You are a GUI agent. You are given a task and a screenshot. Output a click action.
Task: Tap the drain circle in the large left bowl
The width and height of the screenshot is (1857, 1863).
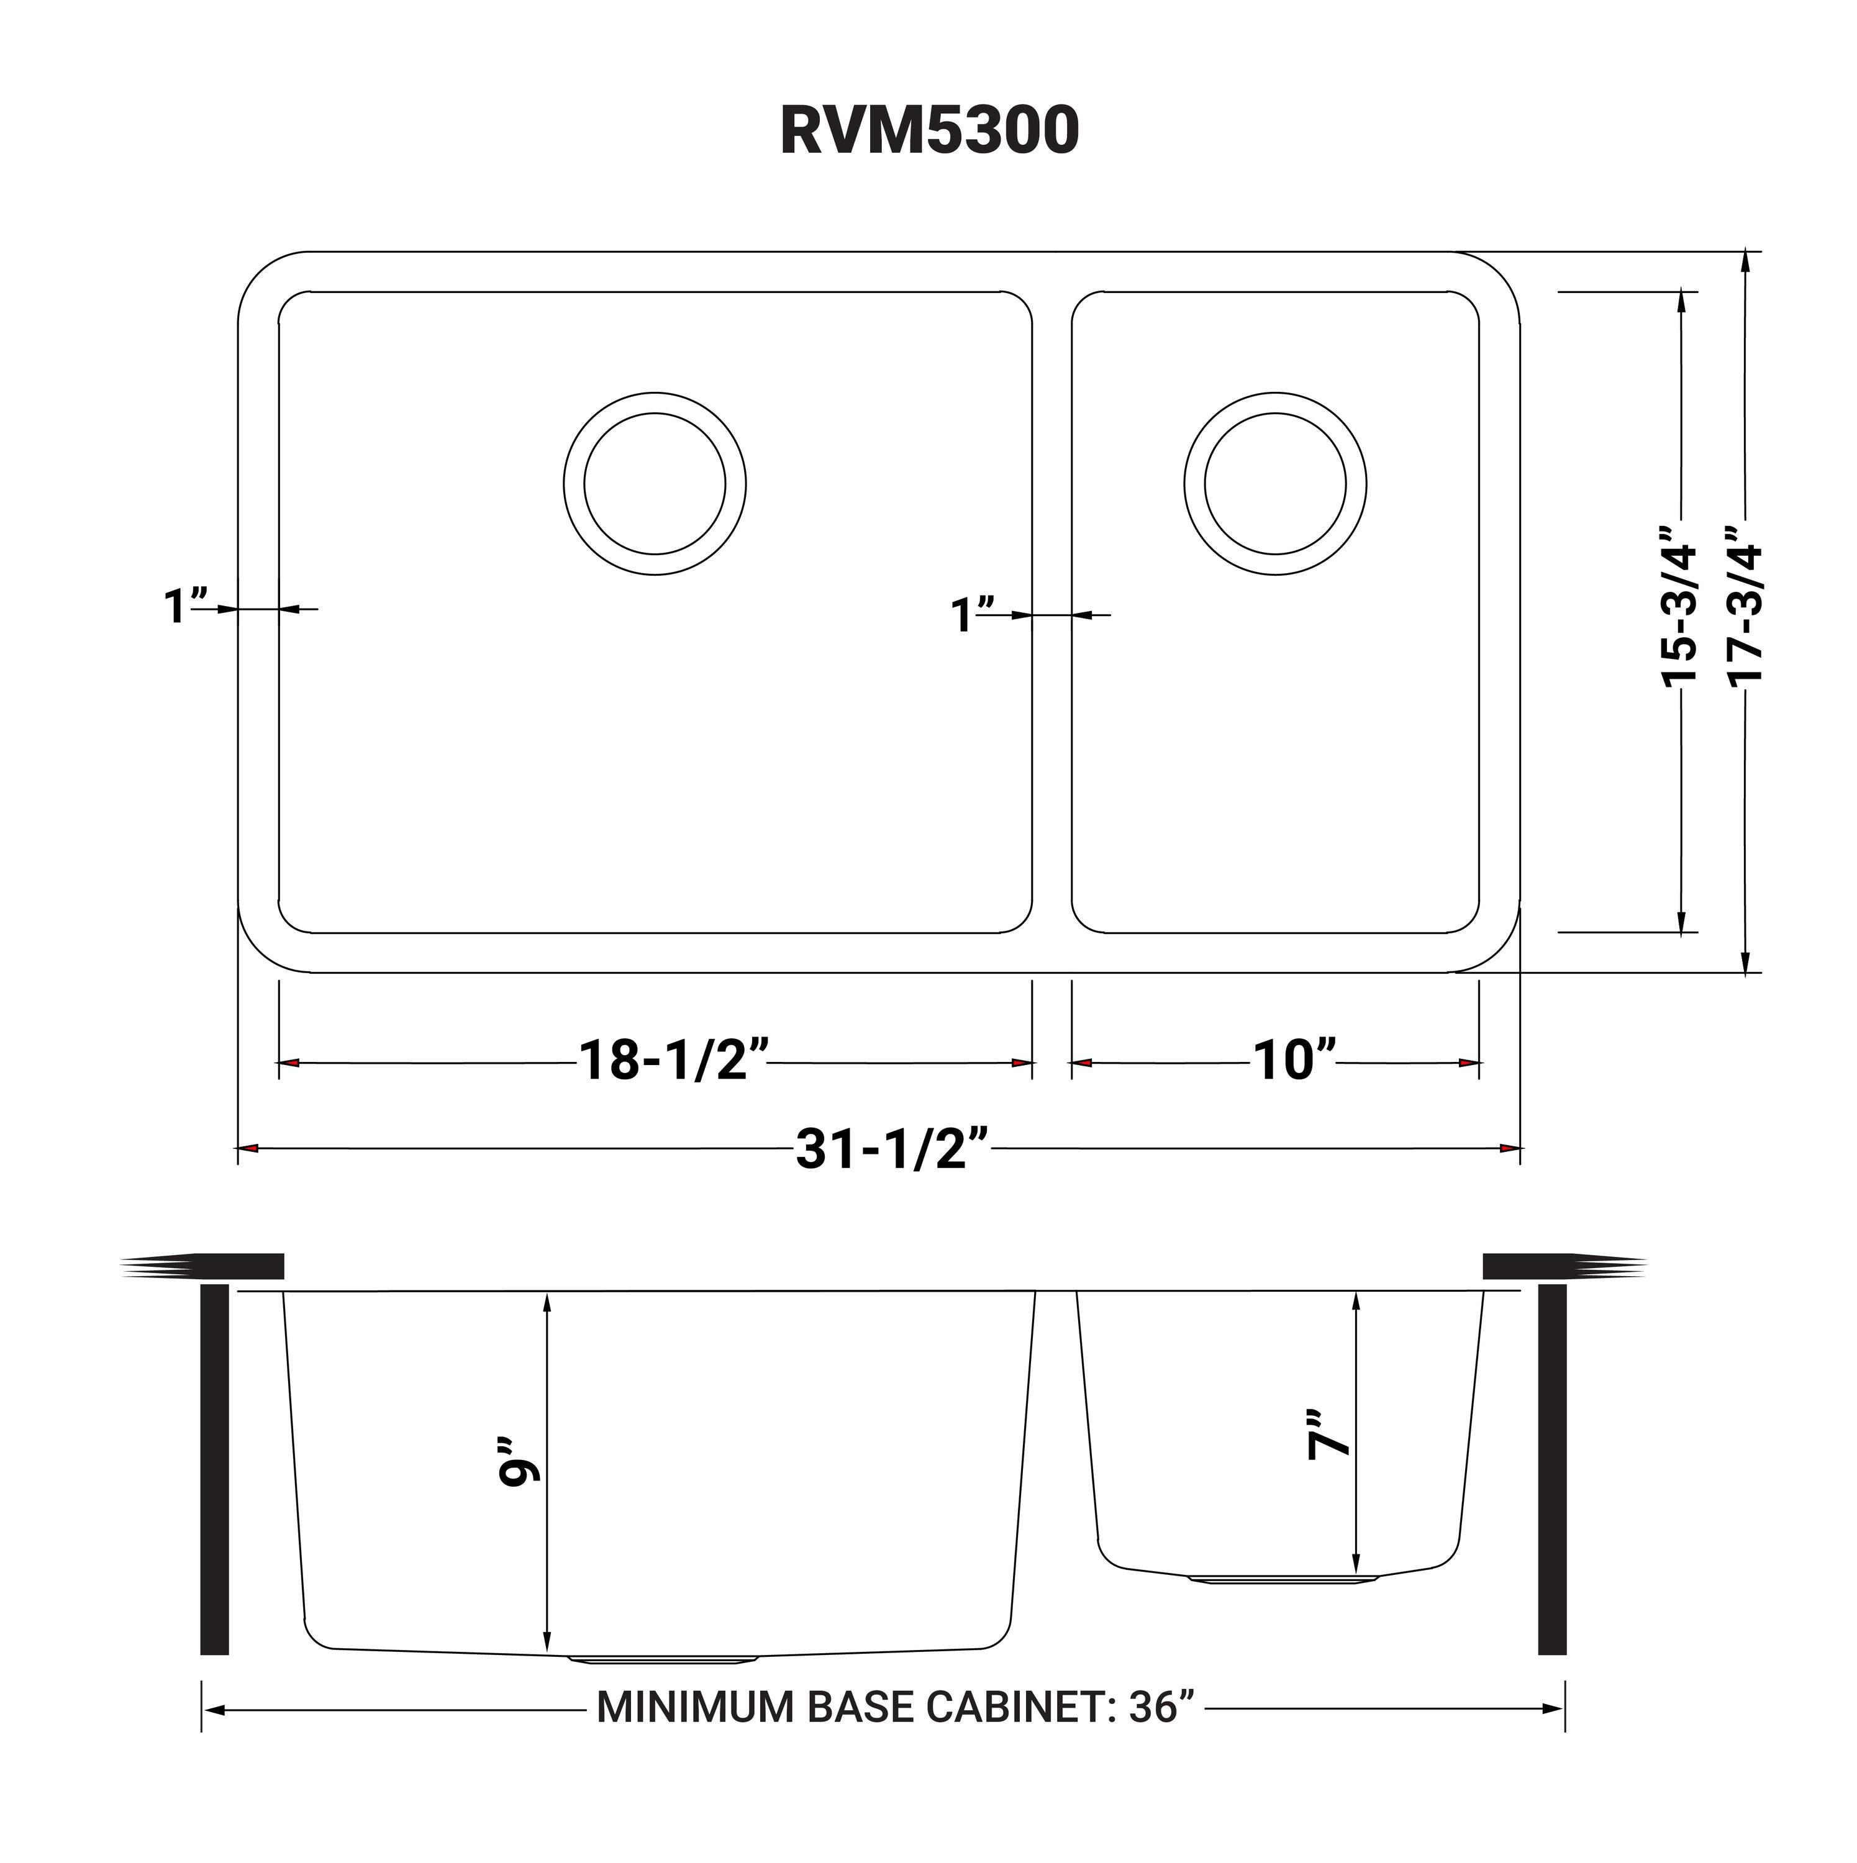click(x=655, y=484)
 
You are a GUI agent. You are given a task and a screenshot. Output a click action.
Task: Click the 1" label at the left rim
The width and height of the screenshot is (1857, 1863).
click(x=185, y=607)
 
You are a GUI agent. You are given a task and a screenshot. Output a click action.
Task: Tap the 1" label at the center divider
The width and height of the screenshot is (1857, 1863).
click(x=973, y=615)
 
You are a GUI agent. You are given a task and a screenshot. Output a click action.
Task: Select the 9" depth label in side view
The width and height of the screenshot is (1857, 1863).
click(x=520, y=1472)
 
